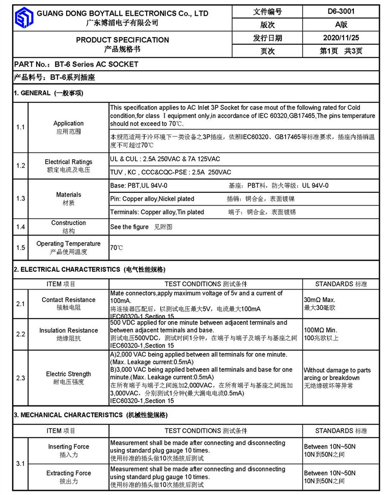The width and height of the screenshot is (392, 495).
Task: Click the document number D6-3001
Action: tap(341, 11)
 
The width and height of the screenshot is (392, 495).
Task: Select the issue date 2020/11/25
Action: tap(341, 38)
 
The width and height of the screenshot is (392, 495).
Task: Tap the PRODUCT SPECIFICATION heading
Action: tap(122, 40)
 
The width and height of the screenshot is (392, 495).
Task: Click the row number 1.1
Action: tap(20, 127)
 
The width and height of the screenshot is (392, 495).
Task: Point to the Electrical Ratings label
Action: tap(68, 162)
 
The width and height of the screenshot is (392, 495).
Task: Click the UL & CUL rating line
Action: tap(165, 159)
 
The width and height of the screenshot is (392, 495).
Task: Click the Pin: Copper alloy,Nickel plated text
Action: tap(152, 198)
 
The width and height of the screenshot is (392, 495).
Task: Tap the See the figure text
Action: tap(129, 227)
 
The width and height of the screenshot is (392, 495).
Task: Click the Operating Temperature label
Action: tap(68, 244)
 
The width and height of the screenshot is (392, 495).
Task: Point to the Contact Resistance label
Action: tap(68, 300)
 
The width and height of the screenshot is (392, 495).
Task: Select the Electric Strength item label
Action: tap(68, 374)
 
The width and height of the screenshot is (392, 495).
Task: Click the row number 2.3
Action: tap(20, 378)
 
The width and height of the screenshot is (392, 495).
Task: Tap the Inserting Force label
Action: tap(68, 447)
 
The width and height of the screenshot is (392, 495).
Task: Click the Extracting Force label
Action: tap(68, 473)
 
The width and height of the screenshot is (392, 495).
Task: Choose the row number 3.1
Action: tap(20, 463)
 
